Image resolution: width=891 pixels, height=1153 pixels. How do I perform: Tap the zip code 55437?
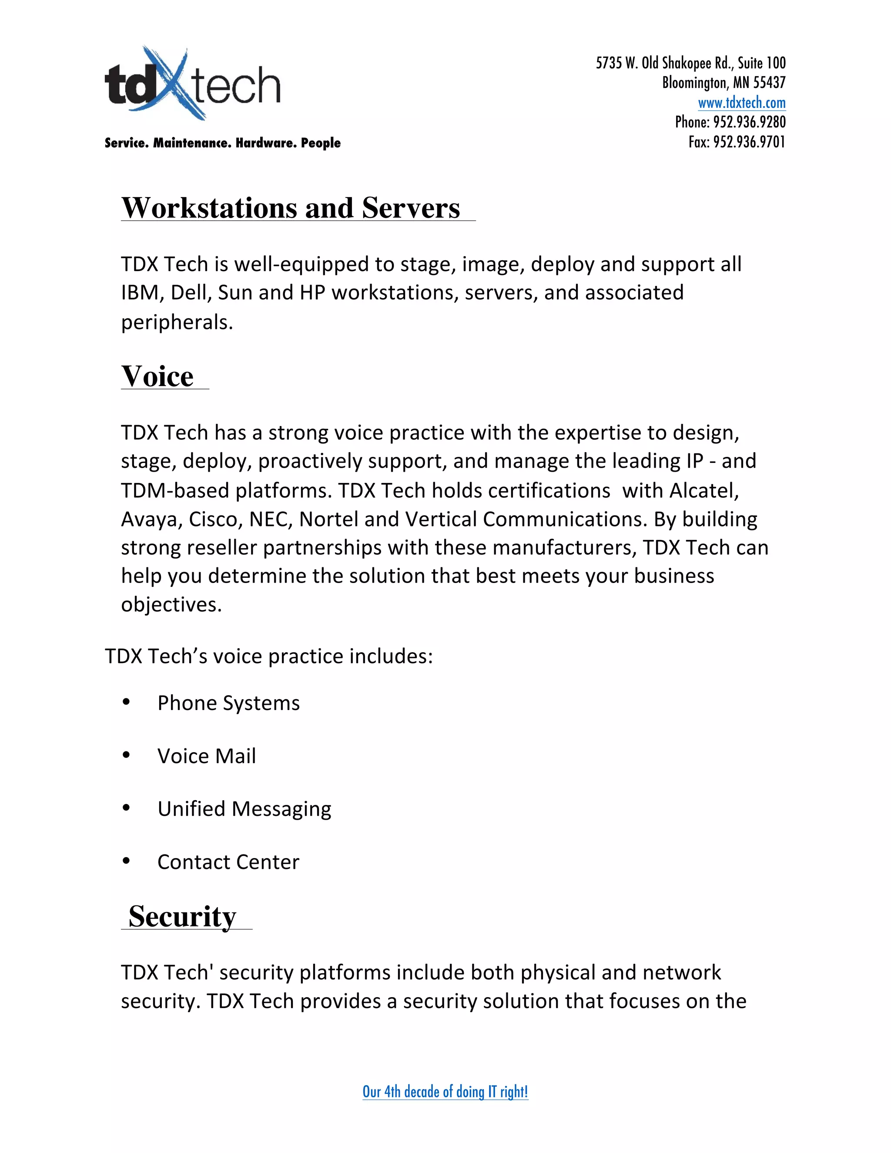point(769,83)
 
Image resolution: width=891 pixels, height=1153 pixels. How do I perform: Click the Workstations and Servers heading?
point(291,208)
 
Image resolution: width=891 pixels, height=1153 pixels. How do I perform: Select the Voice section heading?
point(157,376)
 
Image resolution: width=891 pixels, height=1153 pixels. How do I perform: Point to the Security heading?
point(182,916)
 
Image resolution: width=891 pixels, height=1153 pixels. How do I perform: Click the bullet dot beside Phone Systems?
point(126,702)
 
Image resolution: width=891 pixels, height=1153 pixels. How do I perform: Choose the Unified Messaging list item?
point(245,809)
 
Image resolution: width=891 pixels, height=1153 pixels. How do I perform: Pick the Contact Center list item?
point(228,862)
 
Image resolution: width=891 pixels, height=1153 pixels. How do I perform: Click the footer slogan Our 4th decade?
point(445,1091)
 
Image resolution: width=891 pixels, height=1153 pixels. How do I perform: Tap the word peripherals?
point(177,322)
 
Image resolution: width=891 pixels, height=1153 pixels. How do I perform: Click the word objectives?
point(171,604)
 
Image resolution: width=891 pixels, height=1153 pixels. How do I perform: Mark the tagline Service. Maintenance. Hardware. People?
point(222,143)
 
